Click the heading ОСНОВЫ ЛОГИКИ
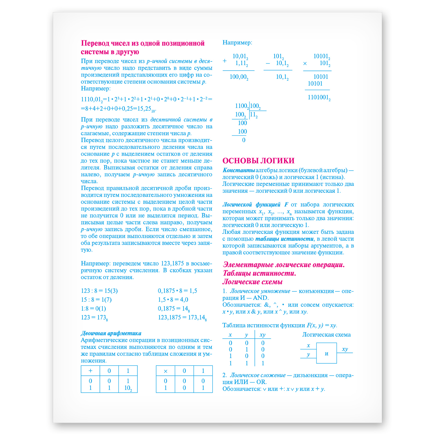(x=258, y=161)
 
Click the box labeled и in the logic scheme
(x=327, y=354)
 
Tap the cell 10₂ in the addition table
(x=128, y=388)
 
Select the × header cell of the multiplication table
(x=166, y=371)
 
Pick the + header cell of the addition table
(x=90, y=371)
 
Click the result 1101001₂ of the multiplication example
(x=319, y=97)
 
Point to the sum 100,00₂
(x=239, y=77)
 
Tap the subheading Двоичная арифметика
(x=111, y=333)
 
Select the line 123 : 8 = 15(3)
(x=99, y=291)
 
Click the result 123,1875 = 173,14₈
(x=182, y=318)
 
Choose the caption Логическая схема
(x=326, y=335)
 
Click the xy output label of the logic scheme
(x=345, y=349)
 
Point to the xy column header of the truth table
(x=262, y=335)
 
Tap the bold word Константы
(x=238, y=170)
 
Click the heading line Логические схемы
(x=252, y=282)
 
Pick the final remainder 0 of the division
(x=244, y=140)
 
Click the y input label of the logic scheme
(x=308, y=354)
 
